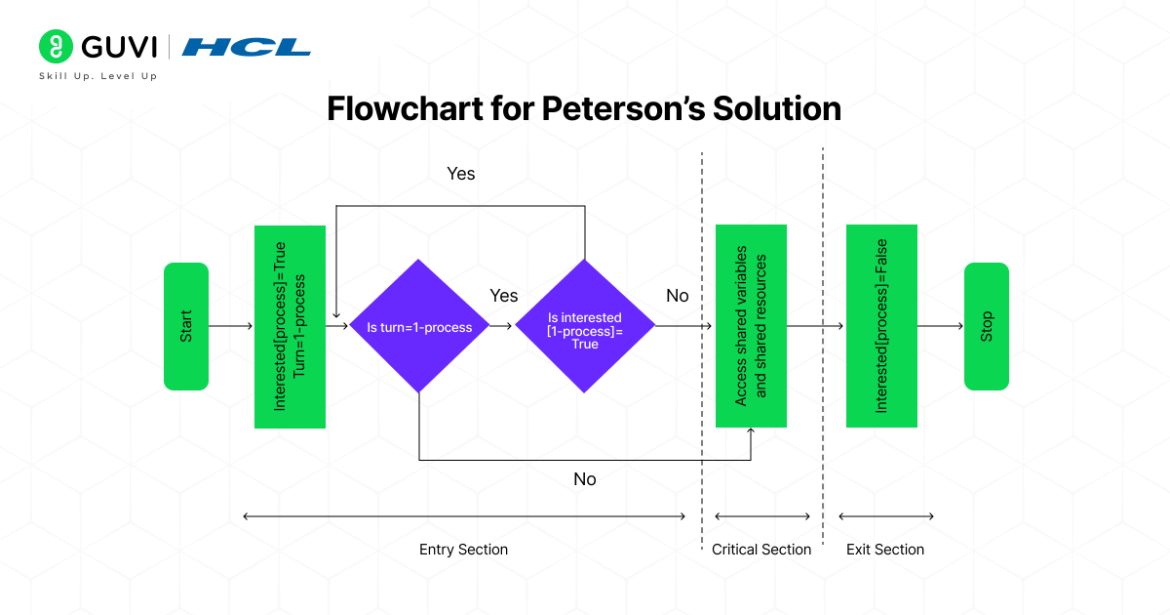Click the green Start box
186,326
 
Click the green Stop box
987,326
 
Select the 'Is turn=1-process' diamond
419,327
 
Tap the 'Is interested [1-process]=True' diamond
585,327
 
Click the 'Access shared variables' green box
751,326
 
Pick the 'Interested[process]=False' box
881,326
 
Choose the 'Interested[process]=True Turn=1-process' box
290,326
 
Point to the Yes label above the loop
460,173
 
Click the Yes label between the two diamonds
503,295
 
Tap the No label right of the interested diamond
677,295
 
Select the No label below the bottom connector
584,479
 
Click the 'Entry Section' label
463,550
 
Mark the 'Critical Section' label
761,550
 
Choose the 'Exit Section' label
885,550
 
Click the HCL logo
247,47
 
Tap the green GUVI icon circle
57,47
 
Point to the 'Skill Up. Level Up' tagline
97,76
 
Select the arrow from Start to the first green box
231,326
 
